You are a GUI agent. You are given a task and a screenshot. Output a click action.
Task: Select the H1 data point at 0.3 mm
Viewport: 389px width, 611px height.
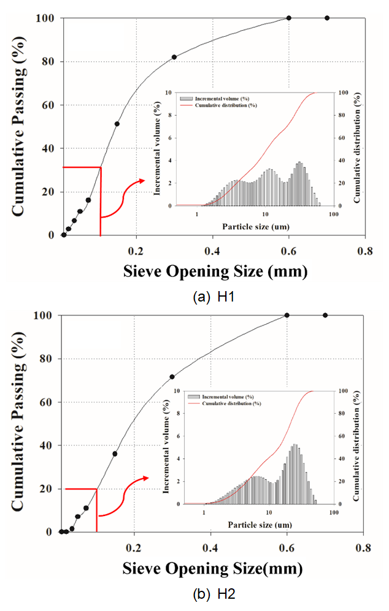pos(174,57)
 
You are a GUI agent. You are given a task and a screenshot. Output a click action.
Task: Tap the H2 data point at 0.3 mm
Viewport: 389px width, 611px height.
pos(172,377)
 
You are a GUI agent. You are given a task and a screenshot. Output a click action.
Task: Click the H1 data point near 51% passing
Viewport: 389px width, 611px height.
pos(117,124)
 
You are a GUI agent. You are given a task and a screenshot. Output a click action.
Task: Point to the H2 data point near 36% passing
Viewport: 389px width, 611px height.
pos(115,454)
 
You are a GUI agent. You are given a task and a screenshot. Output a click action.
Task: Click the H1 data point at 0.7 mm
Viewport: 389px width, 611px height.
pos(326,18)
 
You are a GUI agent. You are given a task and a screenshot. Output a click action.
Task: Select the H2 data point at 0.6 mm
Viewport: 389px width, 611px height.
pos(287,315)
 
